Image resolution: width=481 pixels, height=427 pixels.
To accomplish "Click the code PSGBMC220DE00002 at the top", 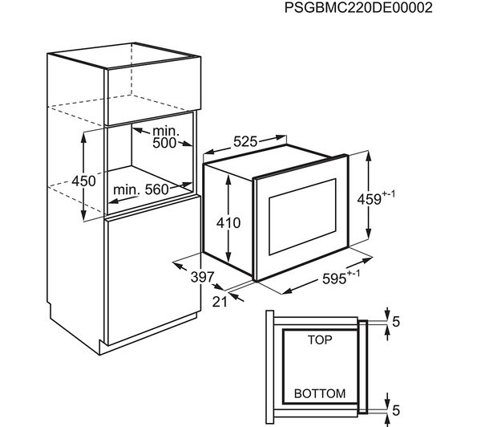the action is click(358, 8).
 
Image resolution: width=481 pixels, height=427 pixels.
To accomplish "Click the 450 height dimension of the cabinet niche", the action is click(83, 181).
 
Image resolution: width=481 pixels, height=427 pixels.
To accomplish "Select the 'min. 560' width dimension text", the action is click(141, 189).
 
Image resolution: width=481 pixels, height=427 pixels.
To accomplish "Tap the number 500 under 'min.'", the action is click(164, 143).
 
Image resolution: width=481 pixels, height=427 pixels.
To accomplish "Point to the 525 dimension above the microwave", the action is click(245, 141).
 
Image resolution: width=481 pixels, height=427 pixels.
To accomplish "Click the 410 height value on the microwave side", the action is click(228, 222).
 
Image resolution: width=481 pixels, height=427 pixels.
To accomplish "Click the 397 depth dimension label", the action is click(202, 277).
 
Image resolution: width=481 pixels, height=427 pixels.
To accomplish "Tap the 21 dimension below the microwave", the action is click(220, 302).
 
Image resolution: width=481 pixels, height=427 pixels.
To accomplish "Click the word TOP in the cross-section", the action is click(320, 340).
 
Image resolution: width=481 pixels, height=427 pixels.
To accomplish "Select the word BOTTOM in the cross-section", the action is click(320, 393).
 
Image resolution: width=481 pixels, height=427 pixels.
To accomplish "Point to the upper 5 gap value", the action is click(396, 322).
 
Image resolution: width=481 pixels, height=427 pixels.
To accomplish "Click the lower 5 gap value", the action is click(396, 410).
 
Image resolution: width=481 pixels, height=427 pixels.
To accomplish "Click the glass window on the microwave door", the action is click(302, 217).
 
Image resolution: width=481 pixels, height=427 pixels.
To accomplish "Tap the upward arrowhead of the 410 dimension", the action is click(228, 180).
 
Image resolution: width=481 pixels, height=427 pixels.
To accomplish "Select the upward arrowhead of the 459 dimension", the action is click(369, 156).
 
